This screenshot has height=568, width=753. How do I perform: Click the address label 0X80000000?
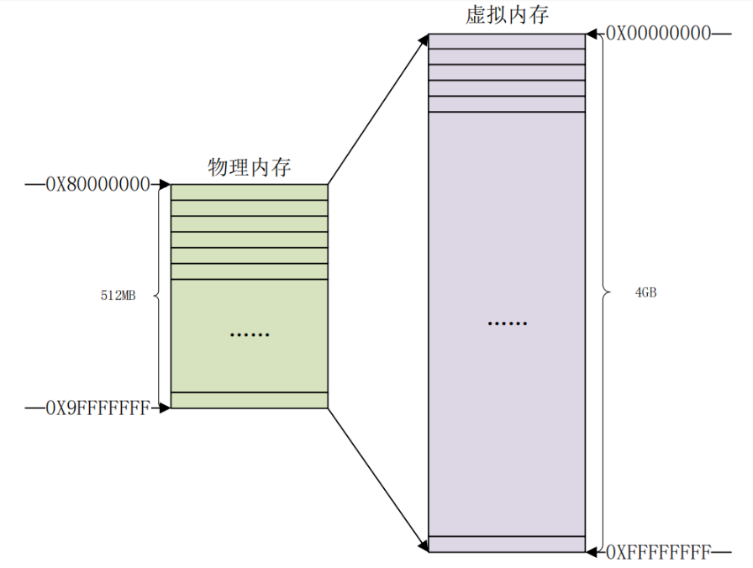[97, 184]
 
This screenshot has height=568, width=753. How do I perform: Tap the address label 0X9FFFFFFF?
[97, 408]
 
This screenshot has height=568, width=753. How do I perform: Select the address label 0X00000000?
[659, 34]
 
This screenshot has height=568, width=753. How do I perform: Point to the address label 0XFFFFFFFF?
[659, 552]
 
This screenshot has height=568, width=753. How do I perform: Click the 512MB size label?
[118, 296]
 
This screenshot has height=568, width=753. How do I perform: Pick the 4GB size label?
[645, 292]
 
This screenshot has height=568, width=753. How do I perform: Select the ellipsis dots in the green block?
[250, 335]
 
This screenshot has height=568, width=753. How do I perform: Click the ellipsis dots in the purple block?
[507, 323]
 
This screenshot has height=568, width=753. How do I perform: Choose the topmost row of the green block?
[250, 192]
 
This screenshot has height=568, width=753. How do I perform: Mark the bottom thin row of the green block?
[250, 400]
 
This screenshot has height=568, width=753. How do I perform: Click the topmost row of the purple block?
[507, 41]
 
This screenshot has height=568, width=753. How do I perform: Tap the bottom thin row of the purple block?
[507, 544]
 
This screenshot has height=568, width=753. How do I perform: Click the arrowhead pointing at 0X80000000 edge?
[165, 184]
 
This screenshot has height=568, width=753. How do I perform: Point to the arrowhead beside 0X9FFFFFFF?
[165, 408]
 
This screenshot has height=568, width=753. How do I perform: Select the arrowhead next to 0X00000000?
[592, 34]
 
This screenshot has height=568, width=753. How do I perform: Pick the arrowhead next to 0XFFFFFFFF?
[592, 552]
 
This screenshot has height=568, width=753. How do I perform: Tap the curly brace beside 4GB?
[605, 292]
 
